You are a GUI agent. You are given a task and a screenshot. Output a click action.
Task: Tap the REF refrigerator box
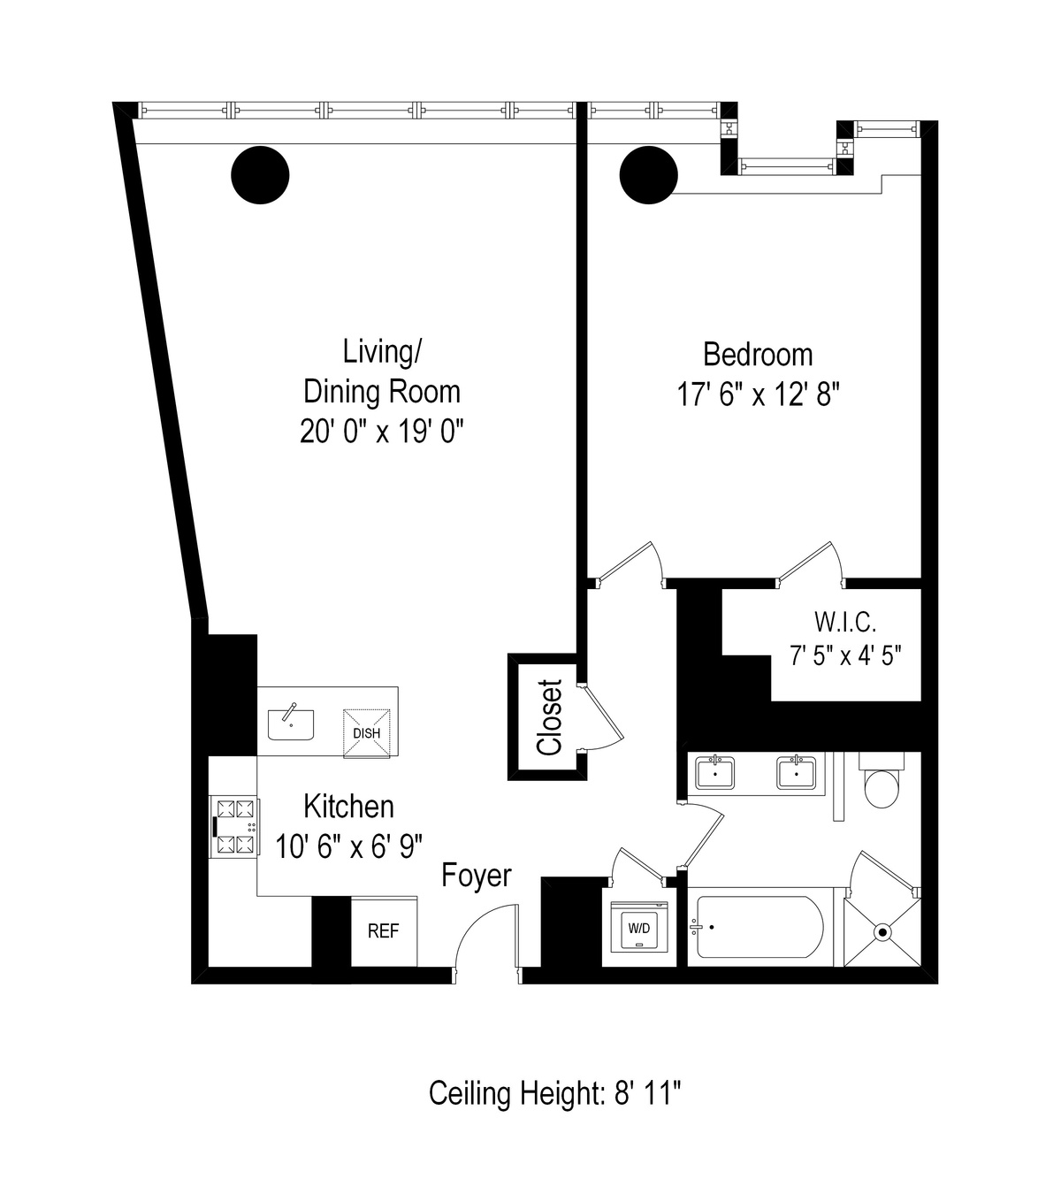pos(383,931)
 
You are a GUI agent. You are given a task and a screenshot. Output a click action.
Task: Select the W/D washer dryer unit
pos(638,928)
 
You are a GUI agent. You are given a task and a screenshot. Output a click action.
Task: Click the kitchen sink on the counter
pos(291,723)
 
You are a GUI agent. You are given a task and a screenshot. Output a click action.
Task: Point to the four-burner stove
pos(235,827)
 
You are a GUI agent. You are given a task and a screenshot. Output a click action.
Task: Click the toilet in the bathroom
pos(882,785)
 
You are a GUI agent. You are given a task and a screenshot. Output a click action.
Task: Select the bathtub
pos(759,927)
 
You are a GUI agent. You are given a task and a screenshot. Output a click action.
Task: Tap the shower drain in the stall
pos(882,931)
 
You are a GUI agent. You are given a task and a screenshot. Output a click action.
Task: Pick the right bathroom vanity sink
pos(797,772)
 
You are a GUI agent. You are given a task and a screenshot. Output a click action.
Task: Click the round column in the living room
pos(260,174)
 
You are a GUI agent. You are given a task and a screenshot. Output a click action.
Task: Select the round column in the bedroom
pos(649,175)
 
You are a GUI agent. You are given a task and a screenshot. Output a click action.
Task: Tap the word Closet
pos(550,716)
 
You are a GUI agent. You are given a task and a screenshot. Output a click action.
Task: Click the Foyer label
pos(477,876)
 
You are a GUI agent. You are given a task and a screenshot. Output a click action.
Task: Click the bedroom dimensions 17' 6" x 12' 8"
pos(757,394)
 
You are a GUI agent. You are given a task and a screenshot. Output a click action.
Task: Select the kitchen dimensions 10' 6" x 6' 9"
pos(349,846)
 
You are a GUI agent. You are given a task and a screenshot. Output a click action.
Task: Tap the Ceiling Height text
pos(554,1093)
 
